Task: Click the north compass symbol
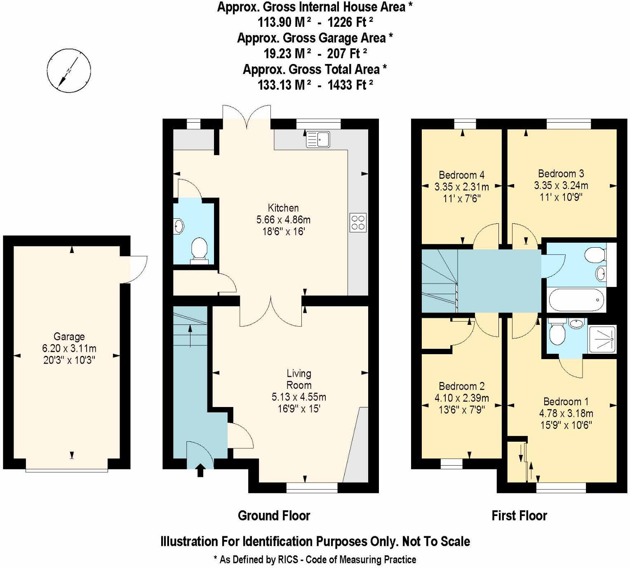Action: pos(68,70)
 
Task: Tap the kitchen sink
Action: pos(318,139)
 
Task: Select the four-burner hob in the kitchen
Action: pos(357,222)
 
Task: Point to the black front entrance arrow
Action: pos(200,470)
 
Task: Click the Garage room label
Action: pos(69,336)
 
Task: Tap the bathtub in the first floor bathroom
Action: pos(576,300)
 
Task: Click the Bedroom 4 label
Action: pos(461,175)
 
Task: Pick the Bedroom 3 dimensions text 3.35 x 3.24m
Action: pos(561,185)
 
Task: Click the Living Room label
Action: pos(299,379)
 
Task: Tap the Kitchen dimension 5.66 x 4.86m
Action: pos(283,220)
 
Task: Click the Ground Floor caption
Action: pos(274,516)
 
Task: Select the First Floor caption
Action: pos(519,516)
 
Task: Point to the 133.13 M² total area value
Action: pos(284,85)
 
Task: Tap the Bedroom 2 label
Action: pos(461,386)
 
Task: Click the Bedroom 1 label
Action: pos(566,402)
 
